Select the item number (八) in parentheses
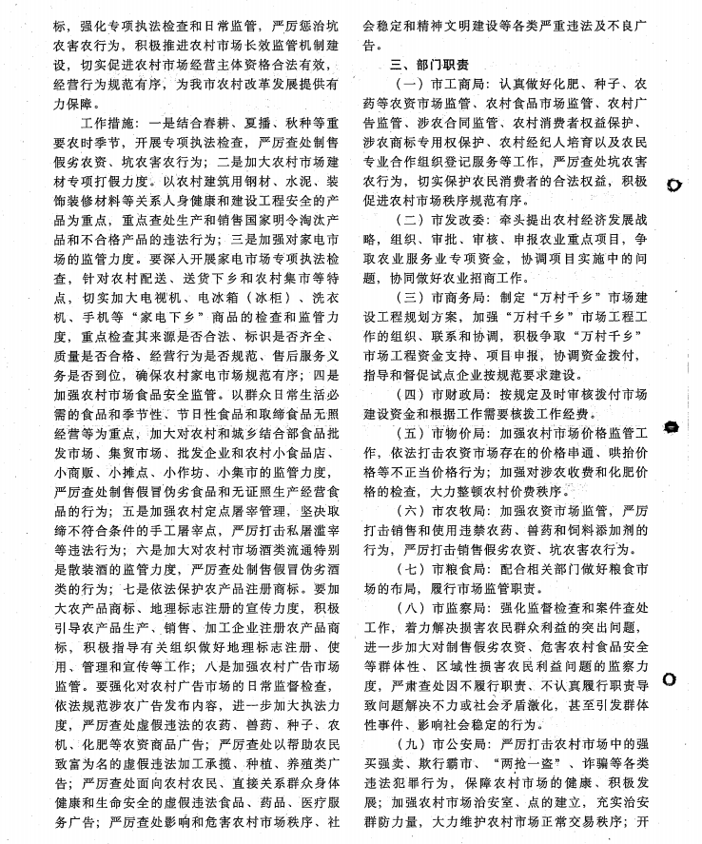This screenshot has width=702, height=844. pos(403,609)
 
